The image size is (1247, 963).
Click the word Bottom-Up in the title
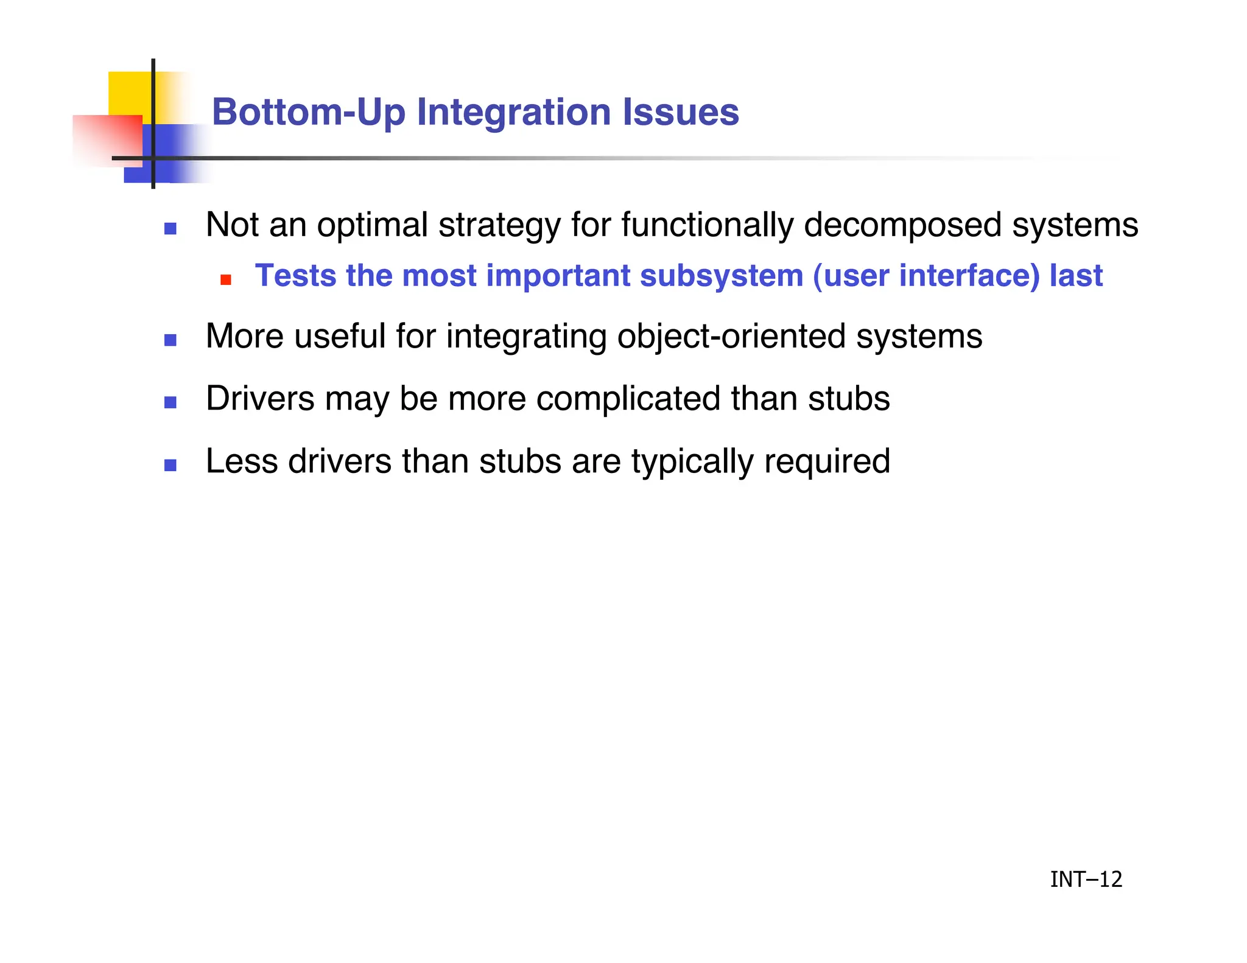[x=308, y=113]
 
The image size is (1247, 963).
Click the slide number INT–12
[x=1086, y=880]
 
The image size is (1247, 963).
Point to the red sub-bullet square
[x=226, y=280]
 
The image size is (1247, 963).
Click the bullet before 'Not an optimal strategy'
[x=170, y=229]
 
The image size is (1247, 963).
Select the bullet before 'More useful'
[x=170, y=340]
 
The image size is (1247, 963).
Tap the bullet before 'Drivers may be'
[x=170, y=402]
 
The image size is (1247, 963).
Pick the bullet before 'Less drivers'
[x=170, y=465]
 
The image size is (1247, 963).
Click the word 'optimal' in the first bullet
[x=372, y=225]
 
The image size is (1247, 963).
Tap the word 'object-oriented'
[x=731, y=337]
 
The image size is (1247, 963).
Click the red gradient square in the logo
[x=107, y=140]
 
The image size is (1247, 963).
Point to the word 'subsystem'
[x=721, y=276]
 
